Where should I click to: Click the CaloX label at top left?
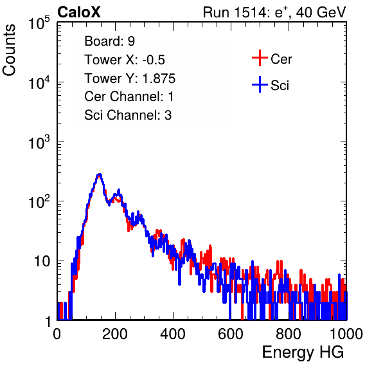point(79,12)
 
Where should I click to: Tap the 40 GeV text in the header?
point(321,12)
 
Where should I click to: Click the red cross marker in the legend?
point(260,58)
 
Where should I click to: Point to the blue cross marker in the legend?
point(260,85)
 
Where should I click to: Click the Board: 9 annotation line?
point(109,41)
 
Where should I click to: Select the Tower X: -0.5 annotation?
point(125,60)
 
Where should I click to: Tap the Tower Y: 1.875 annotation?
point(130,78)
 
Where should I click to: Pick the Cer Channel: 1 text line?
point(129,97)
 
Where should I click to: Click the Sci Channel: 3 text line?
point(128,115)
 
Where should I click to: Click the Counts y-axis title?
point(9,50)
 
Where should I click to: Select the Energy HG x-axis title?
point(303,353)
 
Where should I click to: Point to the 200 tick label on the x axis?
point(115,334)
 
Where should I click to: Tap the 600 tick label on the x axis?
point(231,334)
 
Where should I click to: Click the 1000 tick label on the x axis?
point(346,334)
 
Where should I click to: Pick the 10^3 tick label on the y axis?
point(39,142)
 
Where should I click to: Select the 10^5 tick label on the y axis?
point(39,23)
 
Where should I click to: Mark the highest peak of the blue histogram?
point(100,174)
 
